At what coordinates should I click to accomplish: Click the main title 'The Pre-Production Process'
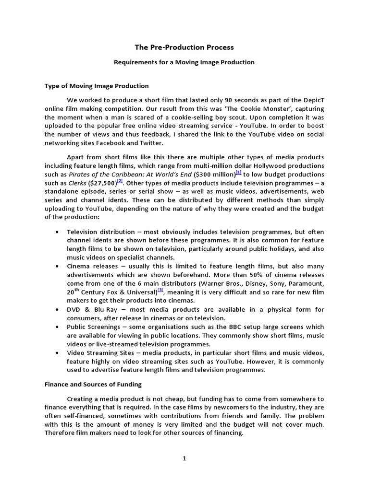pos(184,47)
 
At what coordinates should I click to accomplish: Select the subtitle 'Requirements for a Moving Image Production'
pos(184,62)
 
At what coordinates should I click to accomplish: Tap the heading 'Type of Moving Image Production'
pos(97,86)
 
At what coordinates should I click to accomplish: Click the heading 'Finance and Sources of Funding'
pos(94,384)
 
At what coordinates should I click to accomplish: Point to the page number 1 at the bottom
pos(184,458)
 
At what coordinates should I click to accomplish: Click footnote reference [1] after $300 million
pos(239,172)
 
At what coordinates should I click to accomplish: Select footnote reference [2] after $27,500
pos(120,181)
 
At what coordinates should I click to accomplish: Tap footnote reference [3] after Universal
pos(160,290)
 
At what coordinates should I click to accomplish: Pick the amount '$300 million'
pos(215,174)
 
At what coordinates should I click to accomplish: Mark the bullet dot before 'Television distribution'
pos(58,231)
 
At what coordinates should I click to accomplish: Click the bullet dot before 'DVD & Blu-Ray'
pos(58,309)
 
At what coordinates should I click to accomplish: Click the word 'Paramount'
pos(307,283)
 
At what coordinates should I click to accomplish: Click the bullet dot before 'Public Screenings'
pos(58,327)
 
